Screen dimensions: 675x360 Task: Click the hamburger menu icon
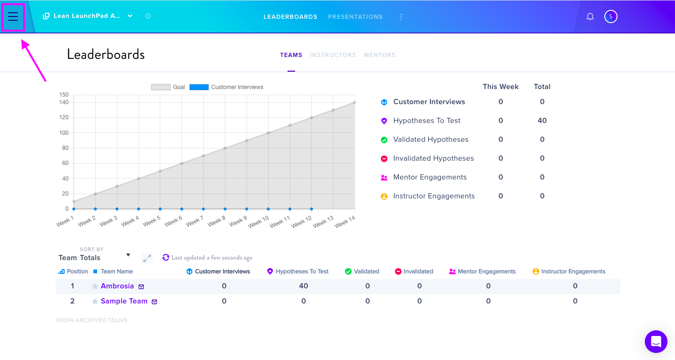pyautogui.click(x=13, y=16)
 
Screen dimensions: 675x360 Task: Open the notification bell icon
pyautogui.click(x=590, y=16)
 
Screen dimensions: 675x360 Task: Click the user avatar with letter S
pyautogui.click(x=611, y=16)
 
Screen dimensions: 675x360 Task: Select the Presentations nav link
pyautogui.click(x=355, y=17)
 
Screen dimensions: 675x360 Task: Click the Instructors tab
pyautogui.click(x=333, y=55)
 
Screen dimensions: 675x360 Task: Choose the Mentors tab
pyautogui.click(x=380, y=55)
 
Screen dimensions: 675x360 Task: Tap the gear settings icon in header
pyautogui.click(x=148, y=16)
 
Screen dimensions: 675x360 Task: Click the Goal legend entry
pyautogui.click(x=168, y=87)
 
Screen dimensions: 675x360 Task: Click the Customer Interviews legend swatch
pyautogui.click(x=199, y=87)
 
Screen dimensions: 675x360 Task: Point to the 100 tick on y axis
pyautogui.click(x=64, y=132)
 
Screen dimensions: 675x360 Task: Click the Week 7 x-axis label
pyautogui.click(x=195, y=221)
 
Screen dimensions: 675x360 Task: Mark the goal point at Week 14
pyautogui.click(x=354, y=102)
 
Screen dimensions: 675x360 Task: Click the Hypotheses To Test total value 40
pyautogui.click(x=542, y=121)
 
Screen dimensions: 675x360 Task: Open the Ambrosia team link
pyautogui.click(x=117, y=286)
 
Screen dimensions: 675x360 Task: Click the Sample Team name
pyautogui.click(x=124, y=301)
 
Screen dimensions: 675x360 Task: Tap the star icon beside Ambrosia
pyautogui.click(x=95, y=286)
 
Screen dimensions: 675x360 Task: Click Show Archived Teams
pyautogui.click(x=91, y=320)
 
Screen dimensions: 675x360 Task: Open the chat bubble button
pyautogui.click(x=656, y=342)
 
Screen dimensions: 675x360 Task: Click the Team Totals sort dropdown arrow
pyautogui.click(x=128, y=255)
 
